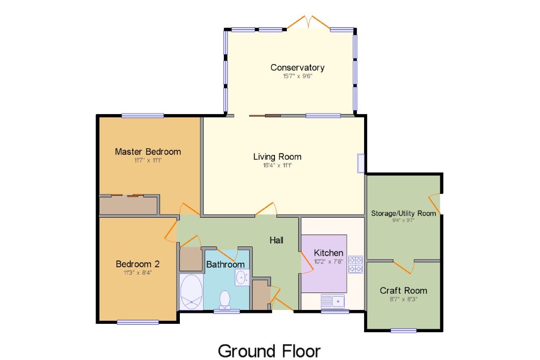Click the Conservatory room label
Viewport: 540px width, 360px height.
pos(297,67)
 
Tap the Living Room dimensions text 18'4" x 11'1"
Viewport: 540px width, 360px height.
pos(277,165)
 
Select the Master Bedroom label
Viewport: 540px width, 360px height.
pos(148,152)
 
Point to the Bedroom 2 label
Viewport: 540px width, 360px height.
pos(137,264)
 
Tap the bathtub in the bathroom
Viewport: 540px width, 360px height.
pos(191,292)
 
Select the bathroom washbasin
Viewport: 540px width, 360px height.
pos(242,277)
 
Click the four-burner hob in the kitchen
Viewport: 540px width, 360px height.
pos(355,264)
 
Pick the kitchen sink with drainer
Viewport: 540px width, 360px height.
pos(333,301)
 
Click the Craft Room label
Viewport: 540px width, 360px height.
pos(403,291)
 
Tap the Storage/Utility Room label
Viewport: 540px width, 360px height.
pos(403,213)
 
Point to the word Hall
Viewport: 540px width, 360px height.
pos(276,240)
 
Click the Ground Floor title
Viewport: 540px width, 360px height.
pos(269,351)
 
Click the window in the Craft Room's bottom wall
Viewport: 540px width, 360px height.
pos(403,331)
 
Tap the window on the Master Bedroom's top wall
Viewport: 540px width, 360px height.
pos(142,116)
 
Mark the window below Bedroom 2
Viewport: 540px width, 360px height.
pos(138,322)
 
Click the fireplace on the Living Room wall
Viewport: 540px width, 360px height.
pos(361,163)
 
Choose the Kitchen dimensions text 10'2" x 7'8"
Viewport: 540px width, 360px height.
pos(328,261)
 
